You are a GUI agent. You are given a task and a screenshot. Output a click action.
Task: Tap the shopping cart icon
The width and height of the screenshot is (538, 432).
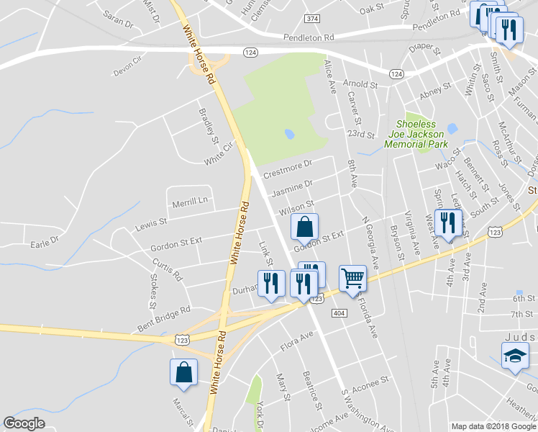pos(352,277)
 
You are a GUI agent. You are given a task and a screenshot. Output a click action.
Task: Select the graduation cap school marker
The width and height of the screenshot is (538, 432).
pos(515,356)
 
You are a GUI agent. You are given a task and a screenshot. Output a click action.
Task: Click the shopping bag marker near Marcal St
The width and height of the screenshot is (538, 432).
pos(183,372)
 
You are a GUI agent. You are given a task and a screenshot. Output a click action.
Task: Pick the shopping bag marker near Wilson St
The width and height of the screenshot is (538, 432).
pos(305,227)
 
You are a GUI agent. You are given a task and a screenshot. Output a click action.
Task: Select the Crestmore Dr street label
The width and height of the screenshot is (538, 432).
pos(288,170)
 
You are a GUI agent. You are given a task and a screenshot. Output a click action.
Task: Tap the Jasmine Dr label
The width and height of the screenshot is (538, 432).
pos(291,189)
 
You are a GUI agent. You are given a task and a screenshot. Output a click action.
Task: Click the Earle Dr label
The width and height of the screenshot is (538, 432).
pos(44,240)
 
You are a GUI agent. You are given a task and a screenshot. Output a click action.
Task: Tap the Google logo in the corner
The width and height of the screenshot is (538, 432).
pos(24,423)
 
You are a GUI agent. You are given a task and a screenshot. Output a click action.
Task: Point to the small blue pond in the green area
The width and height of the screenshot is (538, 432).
pos(289,134)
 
